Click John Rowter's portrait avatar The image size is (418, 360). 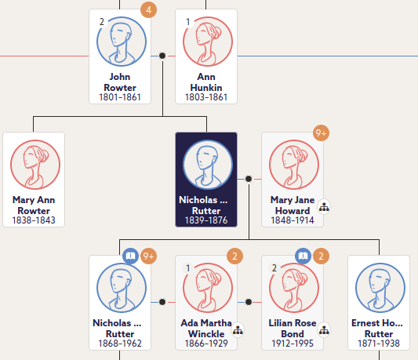pos(122,42)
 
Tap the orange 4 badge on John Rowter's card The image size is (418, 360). pos(148,10)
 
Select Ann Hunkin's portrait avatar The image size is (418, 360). pos(208,42)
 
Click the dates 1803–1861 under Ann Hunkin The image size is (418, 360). pos(206,97)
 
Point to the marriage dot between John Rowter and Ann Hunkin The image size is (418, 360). pos(162,56)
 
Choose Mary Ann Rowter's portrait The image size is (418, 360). pos(35,165)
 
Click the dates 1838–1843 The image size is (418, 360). pos(34,220)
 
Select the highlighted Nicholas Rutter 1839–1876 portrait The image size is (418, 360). pos(208,165)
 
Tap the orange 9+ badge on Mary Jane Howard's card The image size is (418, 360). pos(321,133)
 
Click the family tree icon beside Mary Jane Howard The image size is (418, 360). pos(324,207)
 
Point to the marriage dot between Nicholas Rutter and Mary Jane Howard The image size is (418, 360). pos(249,179)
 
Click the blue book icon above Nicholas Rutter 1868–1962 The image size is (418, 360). pos(130,256)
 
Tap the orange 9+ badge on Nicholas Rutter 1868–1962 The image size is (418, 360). pos(148,256)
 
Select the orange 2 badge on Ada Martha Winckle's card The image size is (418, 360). pos(234,256)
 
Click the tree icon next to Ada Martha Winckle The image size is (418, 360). pos(238,330)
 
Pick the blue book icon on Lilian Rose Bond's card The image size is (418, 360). pos(303,256)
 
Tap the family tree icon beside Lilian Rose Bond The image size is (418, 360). pos(324,330)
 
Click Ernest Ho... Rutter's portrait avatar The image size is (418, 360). pos(380,288)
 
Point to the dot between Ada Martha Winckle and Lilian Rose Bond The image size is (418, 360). pos(249,302)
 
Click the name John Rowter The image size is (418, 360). pos(120,82)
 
